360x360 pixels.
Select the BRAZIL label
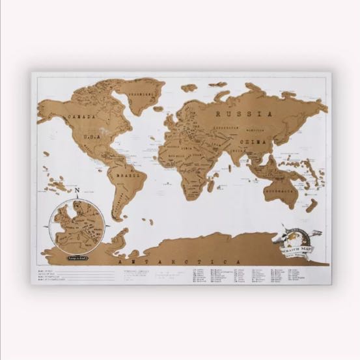(127, 175)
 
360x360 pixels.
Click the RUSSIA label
(243, 114)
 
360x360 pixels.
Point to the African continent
(186, 163)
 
